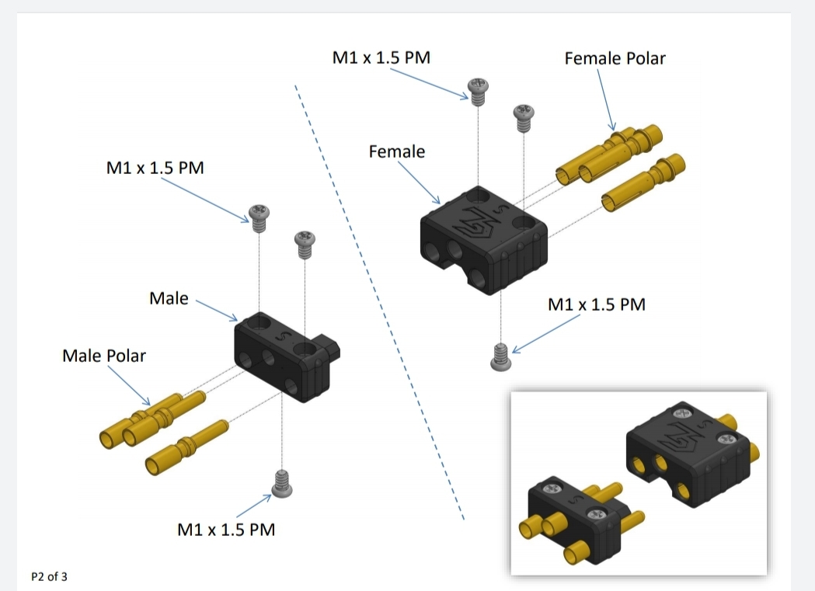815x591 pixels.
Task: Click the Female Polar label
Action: (x=615, y=58)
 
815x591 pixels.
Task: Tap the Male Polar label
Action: (x=103, y=356)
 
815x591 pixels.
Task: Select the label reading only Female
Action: (x=397, y=151)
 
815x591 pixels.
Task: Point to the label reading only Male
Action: (x=169, y=298)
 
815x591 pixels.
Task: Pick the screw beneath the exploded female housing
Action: (x=501, y=356)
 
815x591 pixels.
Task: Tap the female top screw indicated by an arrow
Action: (x=476, y=89)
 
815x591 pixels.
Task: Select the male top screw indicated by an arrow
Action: (x=259, y=215)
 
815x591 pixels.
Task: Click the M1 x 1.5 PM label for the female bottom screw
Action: (x=597, y=304)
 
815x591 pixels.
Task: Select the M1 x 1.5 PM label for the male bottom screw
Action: (x=226, y=530)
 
